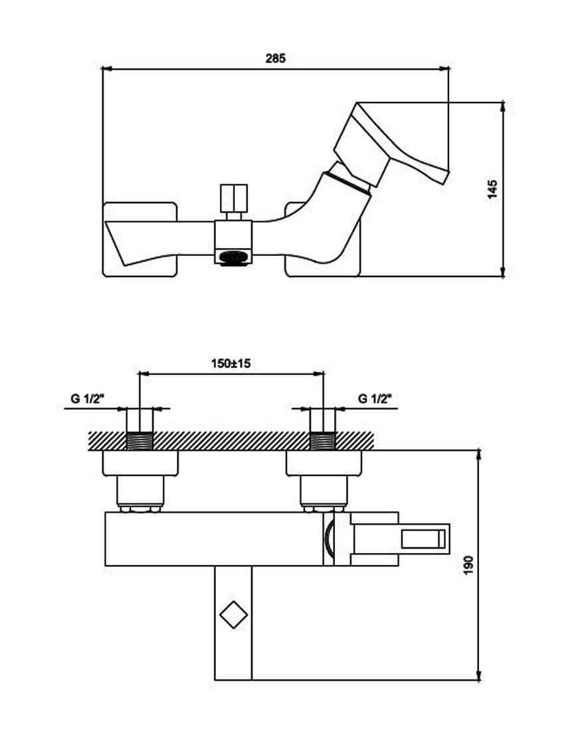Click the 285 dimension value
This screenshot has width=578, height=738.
click(275, 59)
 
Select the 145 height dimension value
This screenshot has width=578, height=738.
click(492, 189)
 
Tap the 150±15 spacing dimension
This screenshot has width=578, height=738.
click(231, 364)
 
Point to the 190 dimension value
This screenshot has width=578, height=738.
click(468, 564)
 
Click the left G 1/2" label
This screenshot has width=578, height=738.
click(87, 399)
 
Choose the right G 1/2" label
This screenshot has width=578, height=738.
click(375, 399)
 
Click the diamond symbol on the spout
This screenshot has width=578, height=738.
click(233, 616)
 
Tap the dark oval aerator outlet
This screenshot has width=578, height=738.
click(233, 258)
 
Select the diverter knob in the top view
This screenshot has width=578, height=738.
click(234, 198)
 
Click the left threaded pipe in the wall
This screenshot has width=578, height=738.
click(140, 441)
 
